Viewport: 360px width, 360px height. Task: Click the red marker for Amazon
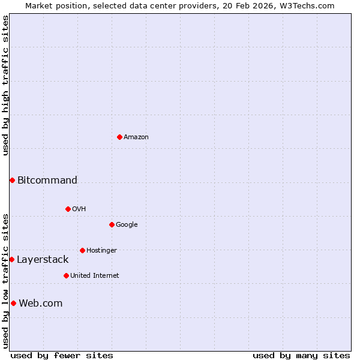tap(119, 137)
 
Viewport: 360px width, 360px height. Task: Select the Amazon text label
tap(136, 137)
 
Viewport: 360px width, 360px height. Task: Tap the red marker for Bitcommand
tap(12, 180)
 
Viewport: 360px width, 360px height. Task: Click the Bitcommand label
tap(47, 180)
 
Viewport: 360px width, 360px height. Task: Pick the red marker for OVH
tap(68, 209)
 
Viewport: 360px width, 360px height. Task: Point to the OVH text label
tap(79, 209)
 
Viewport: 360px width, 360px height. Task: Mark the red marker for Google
tap(112, 224)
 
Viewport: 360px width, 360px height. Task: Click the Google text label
tap(127, 224)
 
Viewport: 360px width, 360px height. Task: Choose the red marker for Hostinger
tap(82, 250)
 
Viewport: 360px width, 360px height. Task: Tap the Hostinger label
tap(101, 250)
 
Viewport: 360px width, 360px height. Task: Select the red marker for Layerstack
tap(11, 259)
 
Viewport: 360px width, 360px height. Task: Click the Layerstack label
tap(43, 259)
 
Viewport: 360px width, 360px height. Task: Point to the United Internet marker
tap(66, 275)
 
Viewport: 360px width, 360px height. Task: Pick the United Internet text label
tap(95, 275)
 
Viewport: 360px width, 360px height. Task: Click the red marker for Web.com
tap(13, 303)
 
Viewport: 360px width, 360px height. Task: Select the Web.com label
tap(41, 303)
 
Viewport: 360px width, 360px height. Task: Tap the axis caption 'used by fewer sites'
tap(62, 355)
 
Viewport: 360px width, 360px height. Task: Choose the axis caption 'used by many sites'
tap(301, 355)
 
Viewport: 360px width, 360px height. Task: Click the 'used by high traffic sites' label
tap(5, 85)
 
